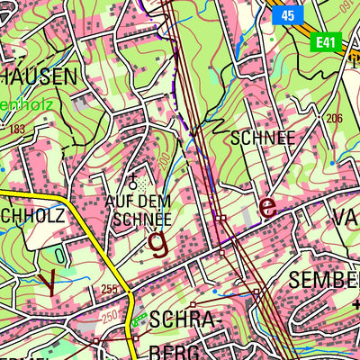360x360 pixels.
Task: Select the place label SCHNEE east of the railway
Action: [263, 138]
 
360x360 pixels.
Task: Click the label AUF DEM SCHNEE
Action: [138, 209]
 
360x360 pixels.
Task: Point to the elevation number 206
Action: [335, 119]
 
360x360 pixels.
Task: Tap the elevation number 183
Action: [16, 130]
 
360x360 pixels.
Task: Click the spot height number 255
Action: [110, 289]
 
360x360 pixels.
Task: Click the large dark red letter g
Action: [158, 242]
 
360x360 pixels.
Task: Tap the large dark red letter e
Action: [266, 206]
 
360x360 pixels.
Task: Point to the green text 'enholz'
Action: [27, 104]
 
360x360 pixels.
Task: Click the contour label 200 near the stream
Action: [165, 161]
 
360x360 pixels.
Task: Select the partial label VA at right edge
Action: [346, 217]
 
